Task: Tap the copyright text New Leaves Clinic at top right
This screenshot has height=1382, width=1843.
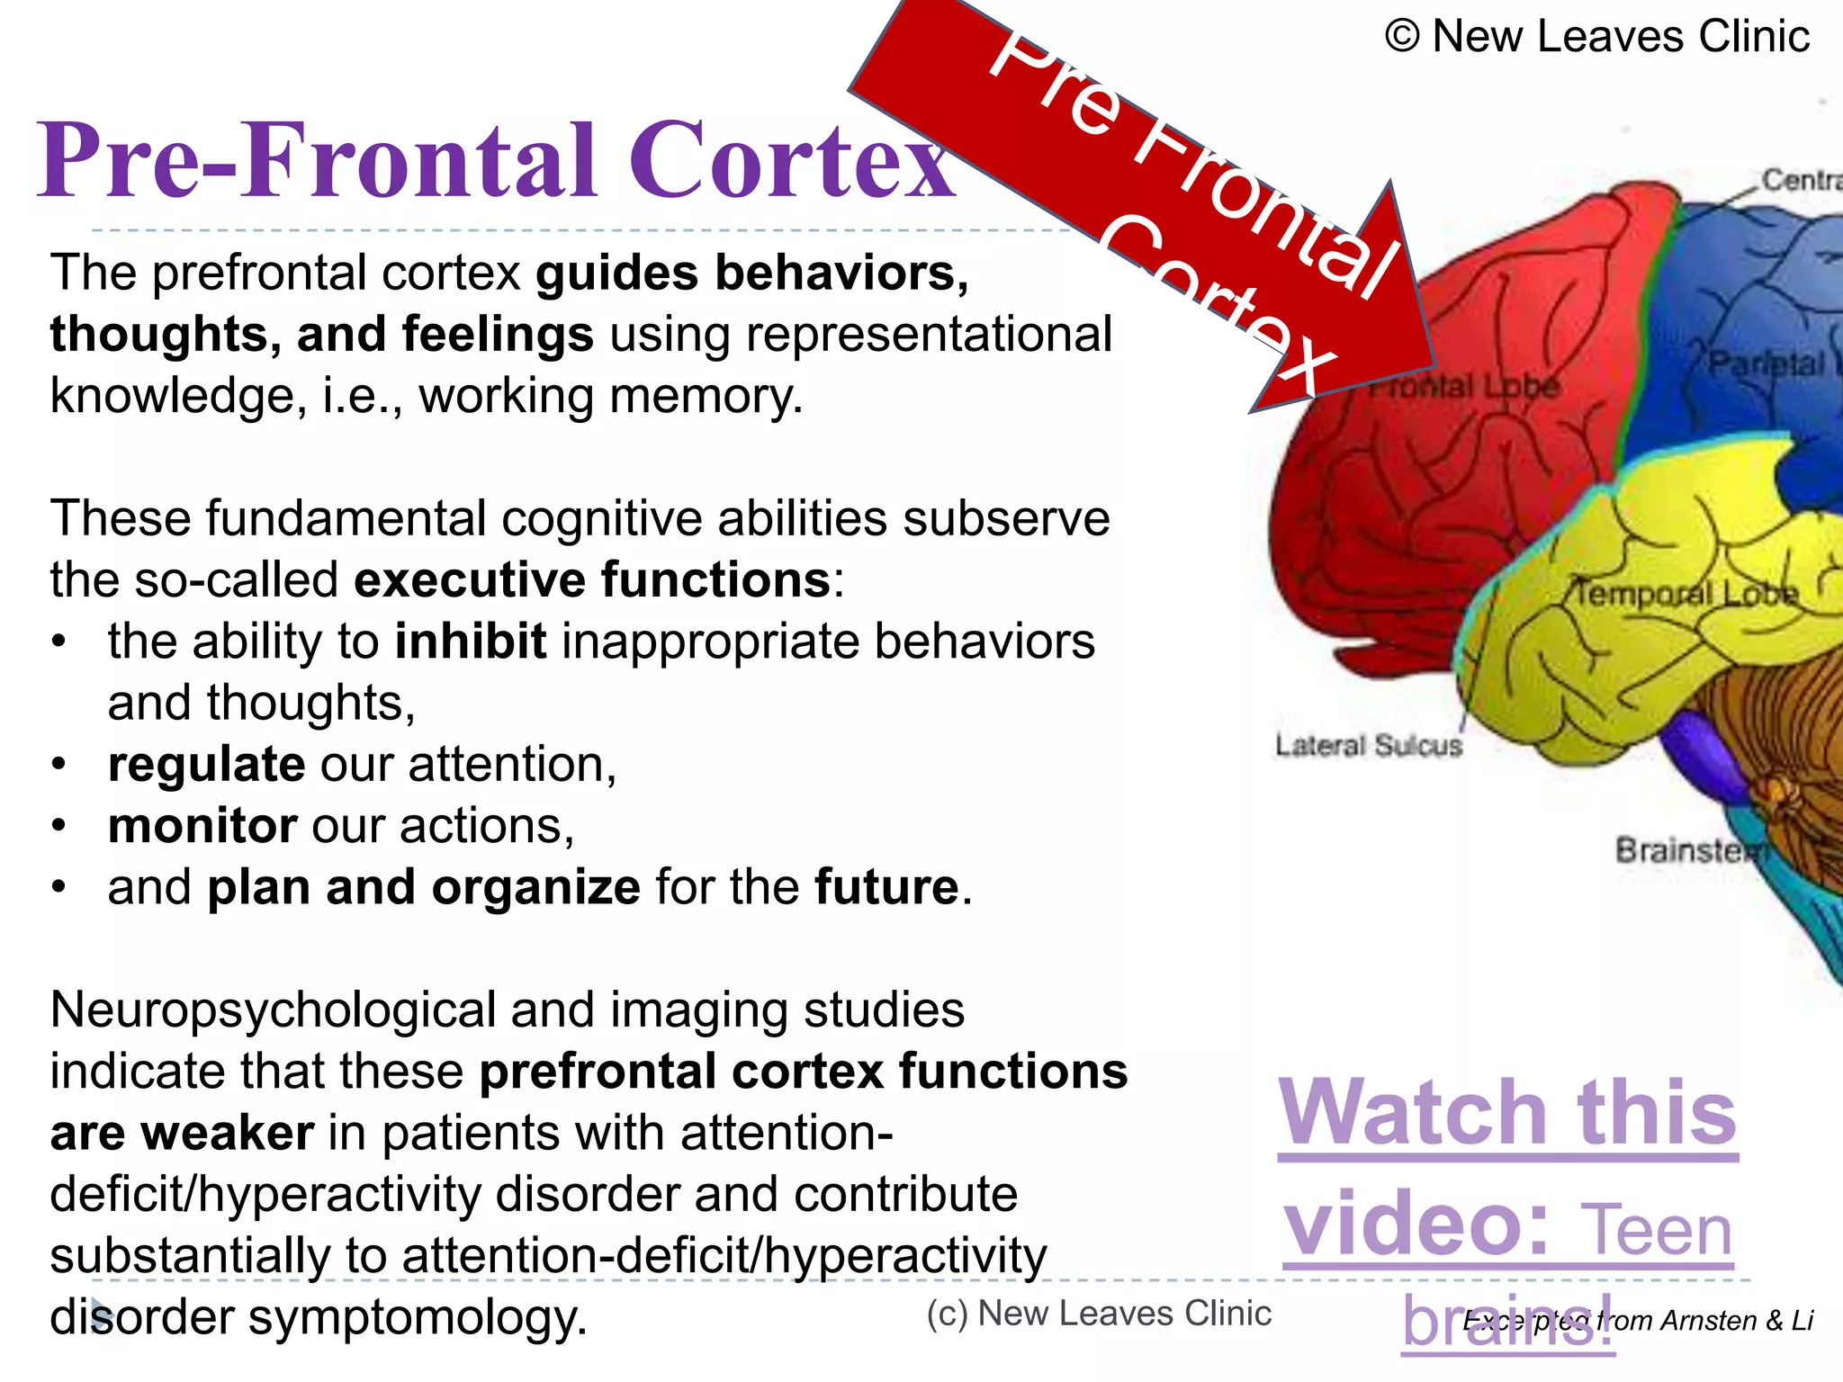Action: tap(1597, 37)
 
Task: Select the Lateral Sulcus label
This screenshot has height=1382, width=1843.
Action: tap(1368, 745)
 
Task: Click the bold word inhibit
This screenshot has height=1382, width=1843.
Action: tap(470, 642)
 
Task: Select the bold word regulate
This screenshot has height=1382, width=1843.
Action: tap(206, 765)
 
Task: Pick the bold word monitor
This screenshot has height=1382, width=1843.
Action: tap(202, 826)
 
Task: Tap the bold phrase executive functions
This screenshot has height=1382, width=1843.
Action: tap(592, 579)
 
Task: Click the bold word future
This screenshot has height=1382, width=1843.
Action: tap(886, 887)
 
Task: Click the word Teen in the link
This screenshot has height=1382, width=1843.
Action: tap(1656, 1231)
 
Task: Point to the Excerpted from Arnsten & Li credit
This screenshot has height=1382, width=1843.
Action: tap(1638, 1320)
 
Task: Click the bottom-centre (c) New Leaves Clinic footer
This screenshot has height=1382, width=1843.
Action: tap(1099, 1314)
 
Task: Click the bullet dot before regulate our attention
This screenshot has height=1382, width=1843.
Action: tap(59, 765)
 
